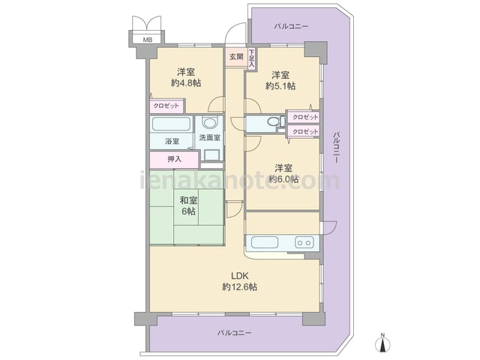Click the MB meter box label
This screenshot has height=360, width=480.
(x=147, y=40)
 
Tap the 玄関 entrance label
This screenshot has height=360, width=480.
(x=236, y=57)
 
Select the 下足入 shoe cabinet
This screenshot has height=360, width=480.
(x=252, y=58)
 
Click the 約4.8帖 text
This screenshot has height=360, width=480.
(x=186, y=83)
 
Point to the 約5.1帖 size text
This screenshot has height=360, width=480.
(x=280, y=86)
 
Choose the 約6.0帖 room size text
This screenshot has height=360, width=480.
(x=283, y=179)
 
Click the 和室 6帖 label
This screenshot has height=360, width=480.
(x=188, y=205)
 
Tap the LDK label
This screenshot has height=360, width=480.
(x=240, y=276)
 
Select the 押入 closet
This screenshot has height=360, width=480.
(x=174, y=160)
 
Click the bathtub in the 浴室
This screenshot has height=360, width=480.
(x=172, y=124)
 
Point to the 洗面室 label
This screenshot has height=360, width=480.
(x=210, y=138)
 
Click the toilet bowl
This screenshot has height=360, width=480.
(x=273, y=121)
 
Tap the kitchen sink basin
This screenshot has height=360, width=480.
(x=265, y=242)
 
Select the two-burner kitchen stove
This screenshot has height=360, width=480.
(x=304, y=242)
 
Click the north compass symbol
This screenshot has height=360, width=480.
(x=382, y=342)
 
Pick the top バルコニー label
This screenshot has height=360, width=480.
(x=291, y=26)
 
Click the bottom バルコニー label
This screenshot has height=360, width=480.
(x=235, y=333)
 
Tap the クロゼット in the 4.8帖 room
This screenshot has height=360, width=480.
(x=166, y=106)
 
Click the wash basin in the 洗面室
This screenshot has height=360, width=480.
(x=210, y=123)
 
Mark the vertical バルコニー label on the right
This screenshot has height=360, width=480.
(x=337, y=148)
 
